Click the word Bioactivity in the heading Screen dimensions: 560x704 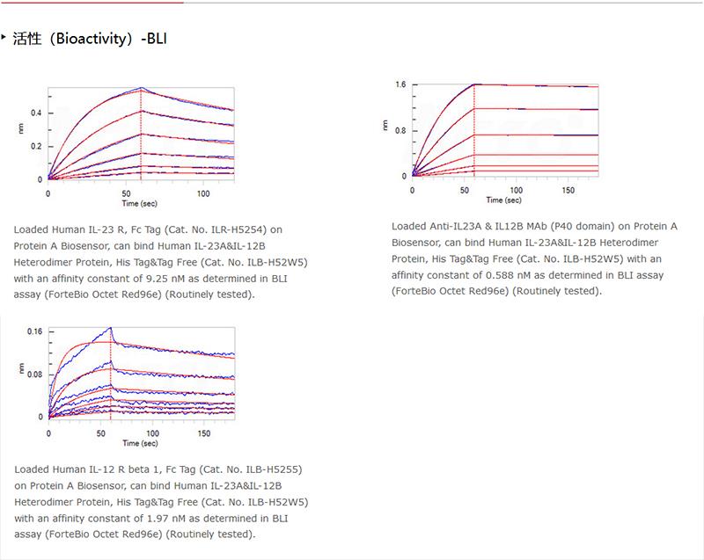tap(94, 40)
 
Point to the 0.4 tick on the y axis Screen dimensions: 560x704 tap(37, 113)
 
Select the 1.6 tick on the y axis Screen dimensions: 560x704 tap(400, 84)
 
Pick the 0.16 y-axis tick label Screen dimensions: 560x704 tap(34, 331)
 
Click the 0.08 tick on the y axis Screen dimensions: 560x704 tap(34, 375)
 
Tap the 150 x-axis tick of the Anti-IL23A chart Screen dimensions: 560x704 tap(568, 189)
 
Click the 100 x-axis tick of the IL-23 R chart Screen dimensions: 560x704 tap(203, 193)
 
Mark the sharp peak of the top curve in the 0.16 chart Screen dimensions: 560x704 tap(111, 328)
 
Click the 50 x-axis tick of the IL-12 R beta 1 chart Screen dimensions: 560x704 tap(109, 433)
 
